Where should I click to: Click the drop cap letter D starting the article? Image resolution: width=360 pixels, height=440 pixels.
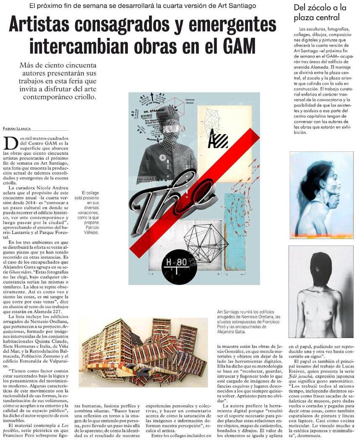[10, 143]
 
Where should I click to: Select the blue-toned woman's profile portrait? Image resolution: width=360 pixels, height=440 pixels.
[321, 195]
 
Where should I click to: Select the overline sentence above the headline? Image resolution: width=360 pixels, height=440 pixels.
[143, 6]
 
